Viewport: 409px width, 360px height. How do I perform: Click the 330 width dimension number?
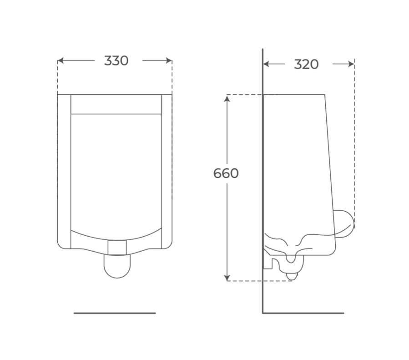(x=116, y=61)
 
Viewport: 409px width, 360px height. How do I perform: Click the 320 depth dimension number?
(x=306, y=64)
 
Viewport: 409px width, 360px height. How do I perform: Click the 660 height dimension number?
(x=226, y=173)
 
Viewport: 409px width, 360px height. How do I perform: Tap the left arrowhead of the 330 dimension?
(x=61, y=61)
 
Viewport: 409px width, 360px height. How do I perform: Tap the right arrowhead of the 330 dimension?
(x=169, y=61)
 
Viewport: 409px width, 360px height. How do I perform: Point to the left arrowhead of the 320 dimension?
(x=266, y=64)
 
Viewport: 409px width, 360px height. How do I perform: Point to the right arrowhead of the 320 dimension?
(x=351, y=64)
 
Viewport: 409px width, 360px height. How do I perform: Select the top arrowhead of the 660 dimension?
(x=227, y=99)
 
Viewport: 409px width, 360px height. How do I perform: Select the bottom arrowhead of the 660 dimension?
(x=227, y=278)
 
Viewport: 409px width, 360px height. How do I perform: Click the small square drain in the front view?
(x=117, y=247)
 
